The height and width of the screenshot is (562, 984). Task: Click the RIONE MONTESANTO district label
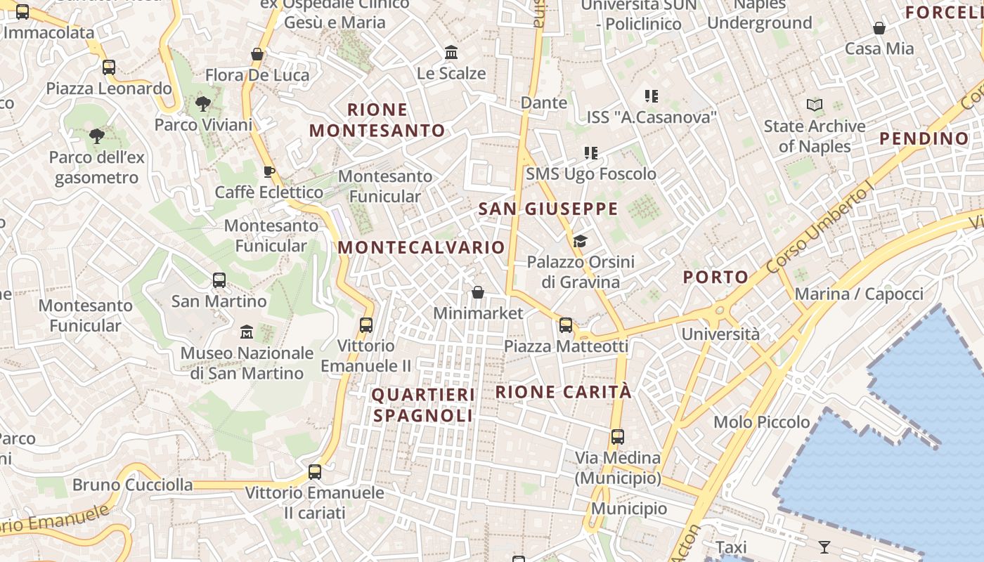[x=377, y=120]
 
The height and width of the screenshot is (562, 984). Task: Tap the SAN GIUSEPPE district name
[x=548, y=209]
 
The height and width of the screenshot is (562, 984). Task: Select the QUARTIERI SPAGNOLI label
[x=423, y=405]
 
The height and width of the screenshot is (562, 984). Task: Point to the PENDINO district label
[x=924, y=138]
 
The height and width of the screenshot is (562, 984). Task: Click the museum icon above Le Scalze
[x=451, y=53]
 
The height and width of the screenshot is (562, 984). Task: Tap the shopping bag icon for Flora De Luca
[x=257, y=54]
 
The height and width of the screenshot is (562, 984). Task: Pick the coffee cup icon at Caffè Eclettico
[x=268, y=171]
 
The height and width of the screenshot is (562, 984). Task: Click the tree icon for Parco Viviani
[x=203, y=104]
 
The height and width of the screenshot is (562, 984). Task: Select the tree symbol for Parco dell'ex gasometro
[x=97, y=136]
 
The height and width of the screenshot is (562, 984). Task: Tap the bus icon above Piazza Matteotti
[x=566, y=325]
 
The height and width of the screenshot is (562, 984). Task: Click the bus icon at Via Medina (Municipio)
[x=618, y=437]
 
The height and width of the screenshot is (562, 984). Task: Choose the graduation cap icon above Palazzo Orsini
[x=580, y=242]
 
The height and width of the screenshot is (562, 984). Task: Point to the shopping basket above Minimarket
[x=478, y=292]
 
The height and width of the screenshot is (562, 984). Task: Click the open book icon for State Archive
[x=815, y=105]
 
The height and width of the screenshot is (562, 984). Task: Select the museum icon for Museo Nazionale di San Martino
[x=247, y=332]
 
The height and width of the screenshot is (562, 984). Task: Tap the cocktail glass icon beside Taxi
[x=824, y=547]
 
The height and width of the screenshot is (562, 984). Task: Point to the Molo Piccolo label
[x=762, y=422]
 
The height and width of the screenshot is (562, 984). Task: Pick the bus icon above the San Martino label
[x=219, y=280]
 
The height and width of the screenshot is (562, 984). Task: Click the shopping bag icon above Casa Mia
[x=879, y=28]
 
